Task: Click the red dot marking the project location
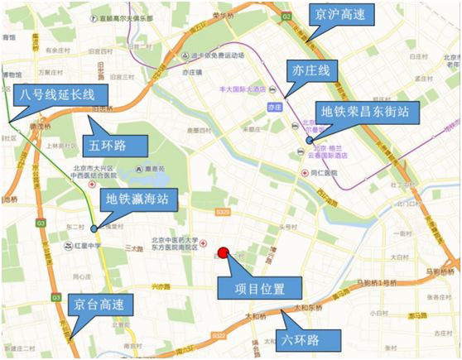pos(222,254)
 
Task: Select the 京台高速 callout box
pos(97,305)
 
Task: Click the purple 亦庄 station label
pos(276,107)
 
